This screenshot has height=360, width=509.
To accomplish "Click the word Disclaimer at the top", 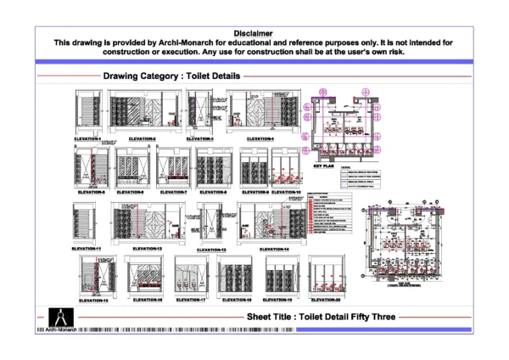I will click(254, 32).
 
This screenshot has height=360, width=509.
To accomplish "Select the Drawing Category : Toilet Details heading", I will click(172, 76).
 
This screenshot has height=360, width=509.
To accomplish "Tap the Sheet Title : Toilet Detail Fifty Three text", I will click(321, 316).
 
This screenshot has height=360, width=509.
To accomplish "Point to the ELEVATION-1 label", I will click(87, 138).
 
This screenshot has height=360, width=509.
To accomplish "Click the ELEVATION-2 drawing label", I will click(143, 138).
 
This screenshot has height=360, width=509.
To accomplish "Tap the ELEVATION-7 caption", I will click(173, 192).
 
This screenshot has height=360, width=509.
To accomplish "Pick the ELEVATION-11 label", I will click(87, 248).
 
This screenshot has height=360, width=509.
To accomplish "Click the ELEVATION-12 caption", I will click(148, 248).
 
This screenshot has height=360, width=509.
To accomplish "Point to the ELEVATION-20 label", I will click(325, 300).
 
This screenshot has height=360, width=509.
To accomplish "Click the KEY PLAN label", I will click(326, 166).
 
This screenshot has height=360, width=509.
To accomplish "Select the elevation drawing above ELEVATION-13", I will click(211, 222).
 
